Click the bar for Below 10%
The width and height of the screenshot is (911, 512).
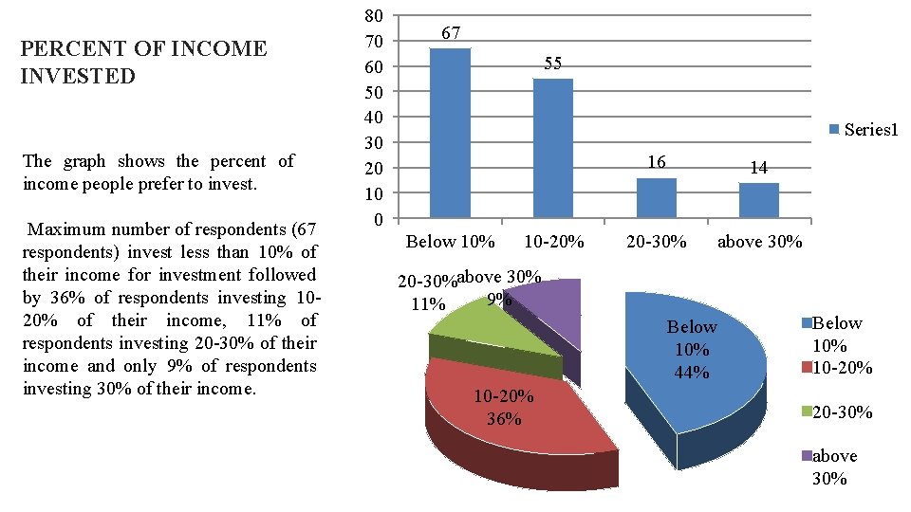[x=450, y=133]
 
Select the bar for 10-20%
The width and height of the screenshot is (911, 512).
[x=553, y=148]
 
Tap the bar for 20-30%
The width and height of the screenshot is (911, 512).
[x=656, y=197]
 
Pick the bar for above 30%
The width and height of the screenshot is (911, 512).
[x=758, y=200]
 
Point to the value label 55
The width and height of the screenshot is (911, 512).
[x=553, y=64]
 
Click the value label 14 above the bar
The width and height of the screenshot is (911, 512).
[x=758, y=168]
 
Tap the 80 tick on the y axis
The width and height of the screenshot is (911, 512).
[x=374, y=16]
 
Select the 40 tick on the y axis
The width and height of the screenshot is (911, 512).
[x=374, y=118]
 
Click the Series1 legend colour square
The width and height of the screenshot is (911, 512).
[x=835, y=130]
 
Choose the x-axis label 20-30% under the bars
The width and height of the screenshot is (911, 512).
[x=656, y=242]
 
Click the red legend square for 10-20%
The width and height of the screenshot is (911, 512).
[x=807, y=368]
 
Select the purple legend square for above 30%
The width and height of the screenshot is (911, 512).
[x=807, y=456]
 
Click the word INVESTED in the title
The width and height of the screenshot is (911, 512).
[x=78, y=76]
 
